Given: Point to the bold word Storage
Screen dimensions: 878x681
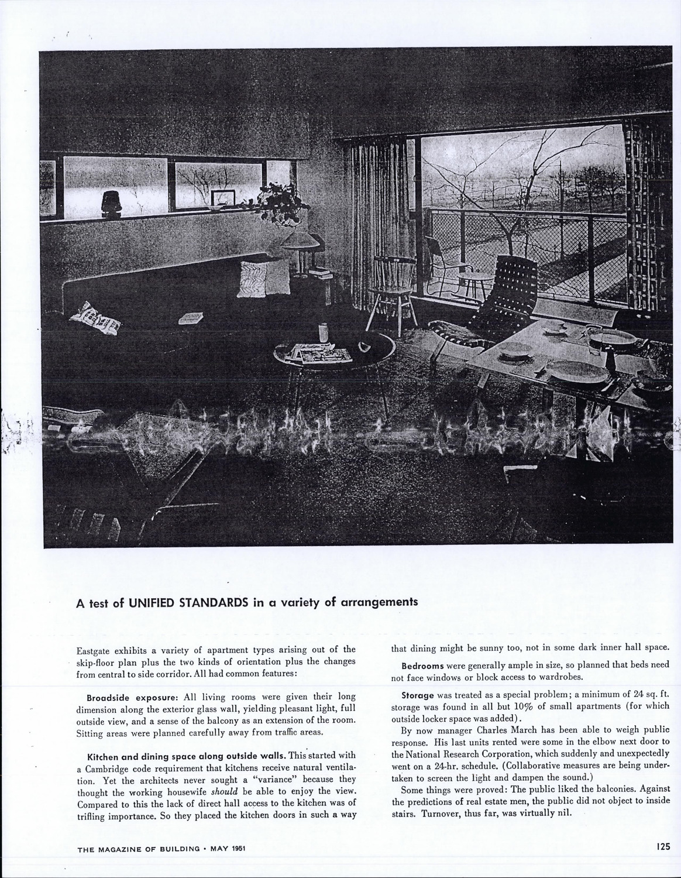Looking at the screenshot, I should click(417, 695).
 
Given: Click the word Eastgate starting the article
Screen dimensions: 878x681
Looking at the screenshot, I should click(94, 650).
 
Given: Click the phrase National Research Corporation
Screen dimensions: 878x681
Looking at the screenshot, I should click(455, 753).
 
